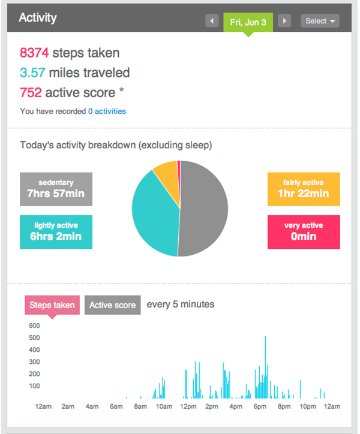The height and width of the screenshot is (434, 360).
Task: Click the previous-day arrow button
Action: [212, 21]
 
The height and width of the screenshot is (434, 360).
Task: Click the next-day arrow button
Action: [285, 21]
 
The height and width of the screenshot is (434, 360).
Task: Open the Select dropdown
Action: [320, 21]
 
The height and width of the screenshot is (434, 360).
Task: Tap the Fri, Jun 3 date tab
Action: [248, 22]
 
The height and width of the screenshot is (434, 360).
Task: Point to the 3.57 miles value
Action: [32, 73]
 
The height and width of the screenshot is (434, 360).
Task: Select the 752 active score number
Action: [31, 93]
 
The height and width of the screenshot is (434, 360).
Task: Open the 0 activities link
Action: [107, 111]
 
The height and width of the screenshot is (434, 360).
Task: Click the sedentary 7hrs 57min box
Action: [56, 189]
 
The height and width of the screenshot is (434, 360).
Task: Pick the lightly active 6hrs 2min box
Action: [56, 232]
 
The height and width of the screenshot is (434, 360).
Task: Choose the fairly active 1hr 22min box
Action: [304, 189]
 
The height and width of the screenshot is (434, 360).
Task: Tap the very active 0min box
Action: [304, 232]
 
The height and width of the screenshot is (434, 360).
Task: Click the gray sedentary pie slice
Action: [204, 210]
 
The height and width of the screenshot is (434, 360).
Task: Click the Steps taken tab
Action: [52, 305]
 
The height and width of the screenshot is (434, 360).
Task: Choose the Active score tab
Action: [112, 305]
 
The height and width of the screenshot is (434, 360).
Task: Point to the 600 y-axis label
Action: [34, 325]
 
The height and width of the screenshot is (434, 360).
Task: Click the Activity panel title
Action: [38, 17]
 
